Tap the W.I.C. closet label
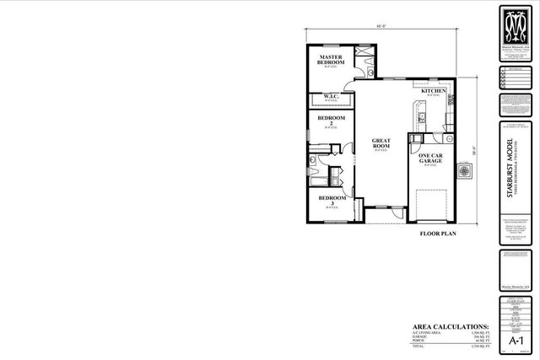pyautogui.click(x=332, y=97)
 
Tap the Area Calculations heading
pyautogui.click(x=451, y=325)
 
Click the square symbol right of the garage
pyautogui.click(x=463, y=171)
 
